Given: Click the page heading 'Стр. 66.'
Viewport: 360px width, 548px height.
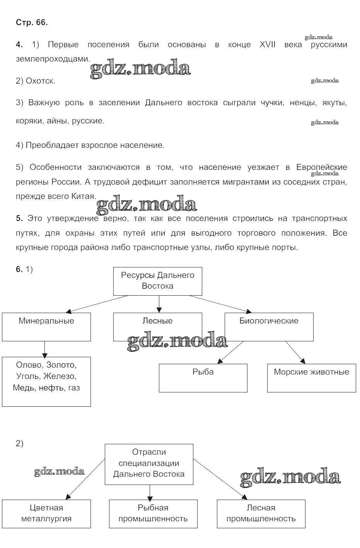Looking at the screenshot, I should click(32, 22).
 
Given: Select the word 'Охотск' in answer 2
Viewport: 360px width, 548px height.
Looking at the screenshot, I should click(40, 81).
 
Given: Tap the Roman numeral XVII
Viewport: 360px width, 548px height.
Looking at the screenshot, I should click(267, 45).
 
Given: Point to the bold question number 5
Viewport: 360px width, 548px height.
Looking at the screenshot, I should click(19, 218).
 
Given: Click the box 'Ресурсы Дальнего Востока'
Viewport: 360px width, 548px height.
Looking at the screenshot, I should click(157, 281).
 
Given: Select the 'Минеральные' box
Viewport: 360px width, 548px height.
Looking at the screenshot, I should click(46, 327).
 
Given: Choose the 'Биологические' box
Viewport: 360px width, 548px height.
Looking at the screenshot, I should click(269, 327).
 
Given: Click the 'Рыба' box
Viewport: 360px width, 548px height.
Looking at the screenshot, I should click(203, 378).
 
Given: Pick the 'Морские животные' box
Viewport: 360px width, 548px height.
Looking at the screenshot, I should click(311, 378).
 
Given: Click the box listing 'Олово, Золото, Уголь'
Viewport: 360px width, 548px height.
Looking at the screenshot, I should click(46, 381).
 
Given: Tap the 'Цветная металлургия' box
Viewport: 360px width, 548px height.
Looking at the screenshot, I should click(46, 514).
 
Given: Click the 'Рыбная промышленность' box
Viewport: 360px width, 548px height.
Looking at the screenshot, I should click(153, 514).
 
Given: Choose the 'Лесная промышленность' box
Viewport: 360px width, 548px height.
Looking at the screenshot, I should click(261, 514).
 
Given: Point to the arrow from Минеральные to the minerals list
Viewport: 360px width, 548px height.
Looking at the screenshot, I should click(44, 349).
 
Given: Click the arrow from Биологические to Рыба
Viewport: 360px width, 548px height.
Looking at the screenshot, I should click(230, 353).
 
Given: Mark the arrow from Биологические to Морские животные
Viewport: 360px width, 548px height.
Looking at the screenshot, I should click(295, 353).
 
